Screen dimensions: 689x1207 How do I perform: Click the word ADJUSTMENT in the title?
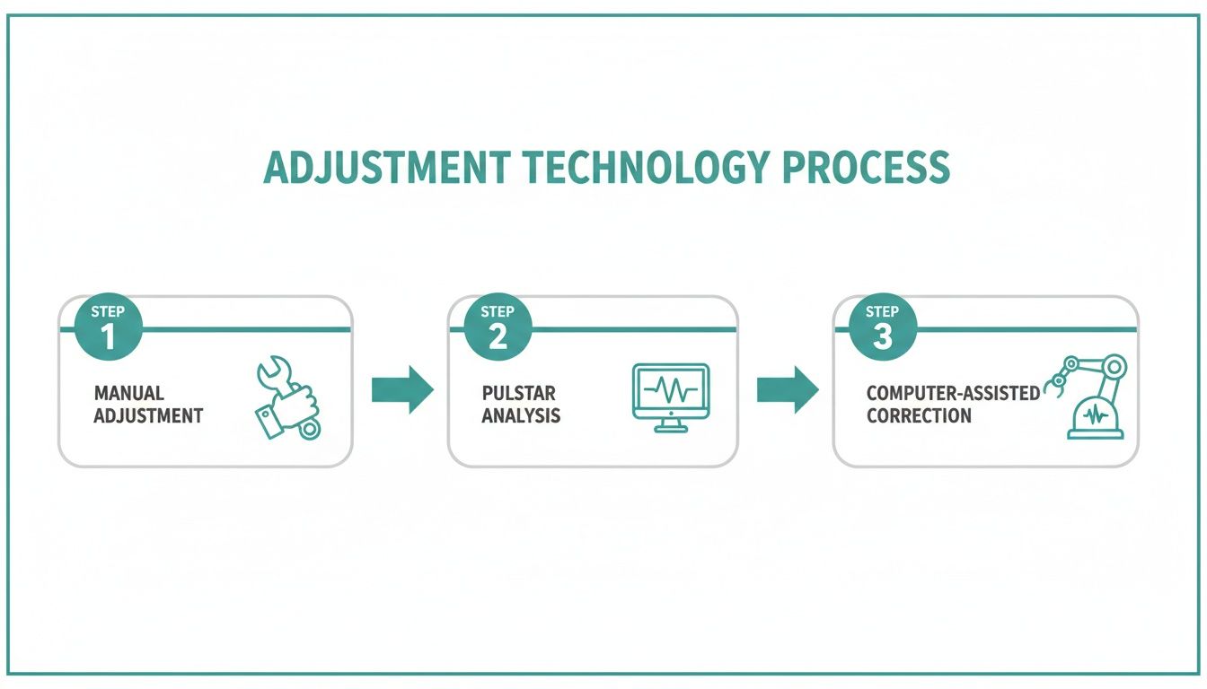click(x=388, y=168)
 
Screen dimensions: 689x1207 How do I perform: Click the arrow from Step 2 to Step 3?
click(x=787, y=389)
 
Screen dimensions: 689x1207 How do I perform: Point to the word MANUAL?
click(x=128, y=393)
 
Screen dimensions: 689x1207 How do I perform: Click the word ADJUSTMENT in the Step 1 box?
click(x=148, y=415)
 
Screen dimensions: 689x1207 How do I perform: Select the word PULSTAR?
click(x=518, y=393)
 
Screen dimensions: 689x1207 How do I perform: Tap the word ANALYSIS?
click(x=521, y=415)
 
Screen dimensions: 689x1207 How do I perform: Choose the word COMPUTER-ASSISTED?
click(x=953, y=393)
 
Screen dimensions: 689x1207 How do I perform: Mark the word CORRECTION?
click(x=919, y=415)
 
